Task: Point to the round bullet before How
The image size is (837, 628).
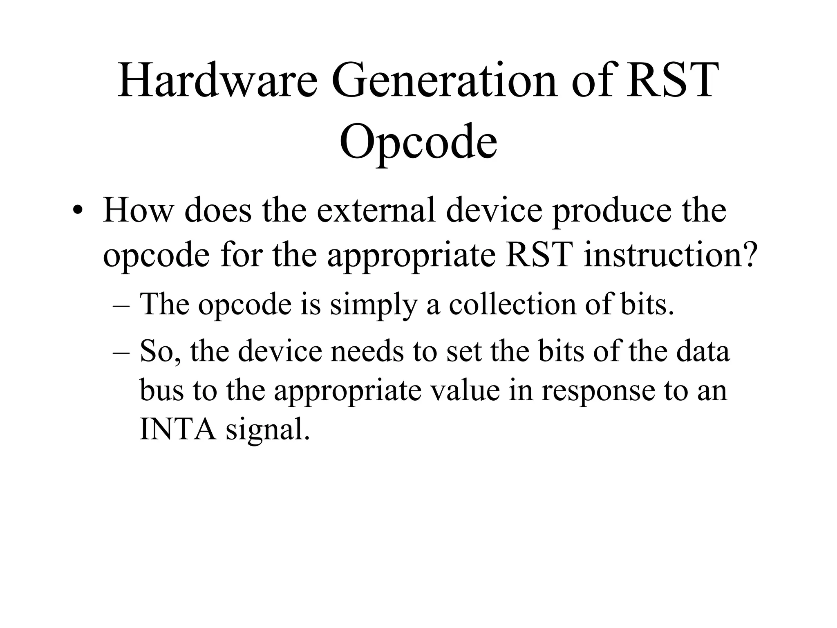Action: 76,212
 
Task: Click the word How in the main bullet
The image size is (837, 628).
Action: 138,211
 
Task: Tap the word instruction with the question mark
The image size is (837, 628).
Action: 671,255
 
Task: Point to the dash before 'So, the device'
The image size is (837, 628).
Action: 121,352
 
